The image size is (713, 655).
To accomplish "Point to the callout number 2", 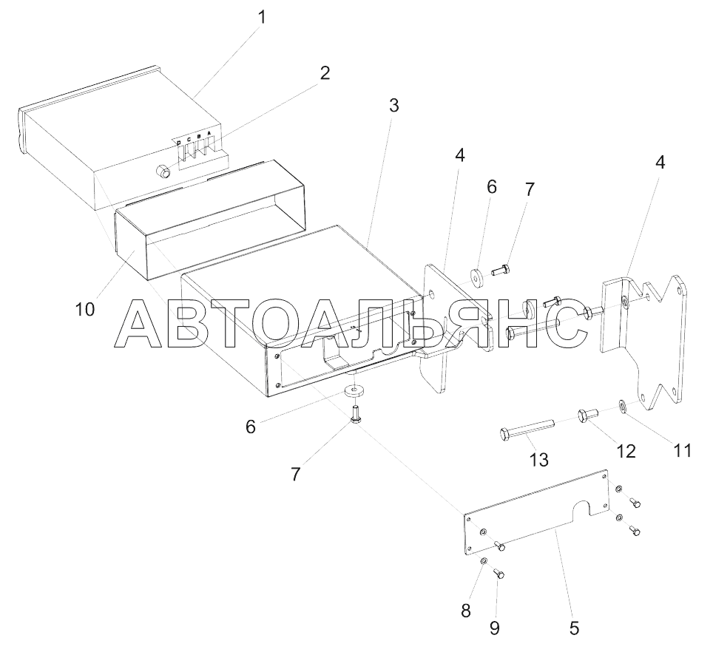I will pos(324,73).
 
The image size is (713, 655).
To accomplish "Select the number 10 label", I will pos(85,309).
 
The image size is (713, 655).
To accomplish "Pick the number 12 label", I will pos(626,451).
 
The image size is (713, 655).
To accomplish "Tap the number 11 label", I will pos(682,449).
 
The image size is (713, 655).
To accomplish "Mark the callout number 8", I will pos(464,611).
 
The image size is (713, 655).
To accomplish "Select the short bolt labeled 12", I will pos(588,415).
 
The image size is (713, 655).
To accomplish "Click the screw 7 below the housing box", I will pos(356,413).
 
